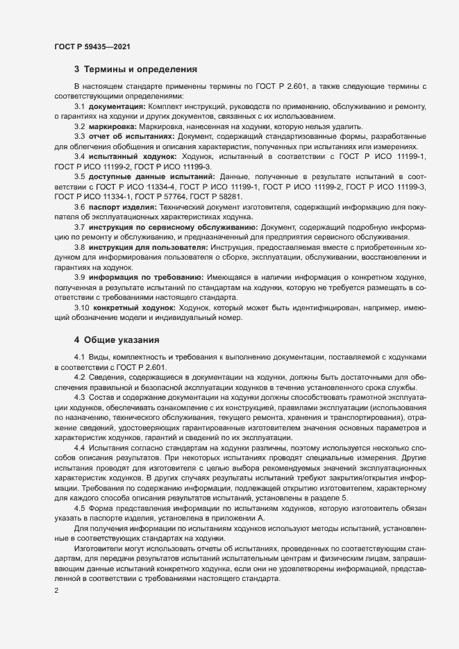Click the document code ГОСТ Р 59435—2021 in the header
point(92,47)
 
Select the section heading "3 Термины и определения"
point(136,69)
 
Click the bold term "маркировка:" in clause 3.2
point(112,126)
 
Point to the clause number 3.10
point(81,307)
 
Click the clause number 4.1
point(79,357)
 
